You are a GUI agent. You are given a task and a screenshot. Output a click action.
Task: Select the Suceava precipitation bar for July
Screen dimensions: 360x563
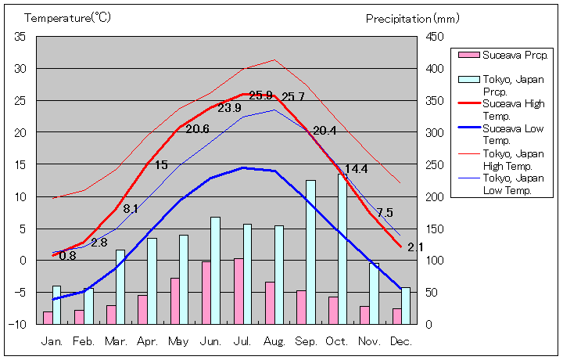pos(238,290)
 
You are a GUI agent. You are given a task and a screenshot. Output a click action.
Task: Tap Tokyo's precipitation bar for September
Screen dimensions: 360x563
pos(310,251)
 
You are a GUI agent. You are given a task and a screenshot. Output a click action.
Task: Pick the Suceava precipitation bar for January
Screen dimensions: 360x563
pos(48,317)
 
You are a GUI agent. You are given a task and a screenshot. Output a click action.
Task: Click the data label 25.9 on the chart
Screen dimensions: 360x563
pos(260,95)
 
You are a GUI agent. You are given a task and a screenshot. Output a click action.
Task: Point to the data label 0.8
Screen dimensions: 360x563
pos(67,256)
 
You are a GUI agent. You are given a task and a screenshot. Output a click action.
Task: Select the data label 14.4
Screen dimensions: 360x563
pos(356,169)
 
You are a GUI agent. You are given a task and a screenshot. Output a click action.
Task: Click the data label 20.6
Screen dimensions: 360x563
pos(197,129)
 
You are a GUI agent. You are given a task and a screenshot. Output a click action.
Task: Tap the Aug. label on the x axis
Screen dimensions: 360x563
pos(274,341)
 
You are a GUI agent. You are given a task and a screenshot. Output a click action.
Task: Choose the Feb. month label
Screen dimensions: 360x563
pos(84,341)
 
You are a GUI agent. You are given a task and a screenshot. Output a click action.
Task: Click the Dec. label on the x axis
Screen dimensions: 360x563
pos(400,341)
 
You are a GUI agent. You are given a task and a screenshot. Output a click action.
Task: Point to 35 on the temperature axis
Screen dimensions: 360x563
pos(20,37)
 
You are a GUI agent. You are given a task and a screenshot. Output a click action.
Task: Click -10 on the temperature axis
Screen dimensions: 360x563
pos(18,323)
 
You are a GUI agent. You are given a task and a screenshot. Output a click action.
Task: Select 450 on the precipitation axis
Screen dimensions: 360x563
pos(436,37)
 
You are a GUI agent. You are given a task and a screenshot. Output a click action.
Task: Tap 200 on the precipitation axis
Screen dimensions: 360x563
pos(436,196)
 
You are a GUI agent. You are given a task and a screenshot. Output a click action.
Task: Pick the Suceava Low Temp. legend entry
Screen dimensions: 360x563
pos(513,134)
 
